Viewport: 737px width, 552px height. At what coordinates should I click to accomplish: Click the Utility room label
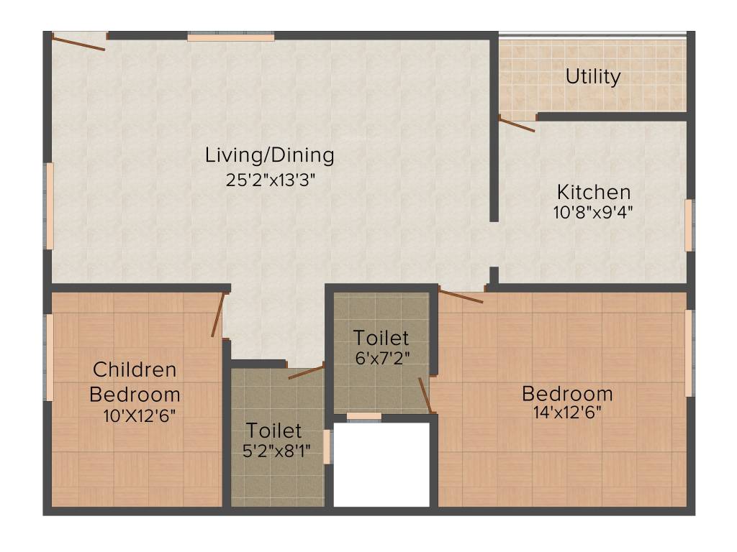593,76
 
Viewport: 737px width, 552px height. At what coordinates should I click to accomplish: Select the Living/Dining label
270,155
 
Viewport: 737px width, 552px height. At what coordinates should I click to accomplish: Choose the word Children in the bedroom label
135,370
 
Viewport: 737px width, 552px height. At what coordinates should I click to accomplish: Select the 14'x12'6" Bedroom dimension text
567,412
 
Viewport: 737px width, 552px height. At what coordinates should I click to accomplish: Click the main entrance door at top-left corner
79,42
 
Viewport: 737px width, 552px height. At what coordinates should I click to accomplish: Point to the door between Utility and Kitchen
517,124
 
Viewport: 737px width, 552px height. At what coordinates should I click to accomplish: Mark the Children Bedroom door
218,315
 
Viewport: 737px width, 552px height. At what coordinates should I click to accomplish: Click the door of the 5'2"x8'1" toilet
306,372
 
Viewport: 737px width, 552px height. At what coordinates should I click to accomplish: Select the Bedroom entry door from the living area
461,295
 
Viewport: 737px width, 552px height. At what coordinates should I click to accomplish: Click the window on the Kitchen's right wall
689,225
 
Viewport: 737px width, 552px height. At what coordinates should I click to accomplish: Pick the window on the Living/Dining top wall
230,37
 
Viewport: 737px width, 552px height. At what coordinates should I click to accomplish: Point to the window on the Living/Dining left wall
50,206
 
